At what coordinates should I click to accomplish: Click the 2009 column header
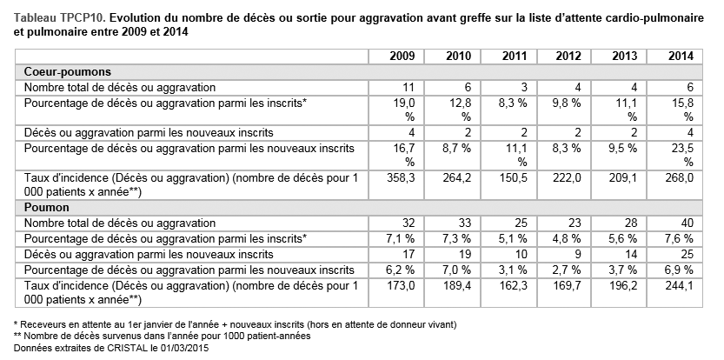pyautogui.click(x=402, y=57)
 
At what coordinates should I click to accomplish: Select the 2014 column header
pyautogui.click(x=681, y=57)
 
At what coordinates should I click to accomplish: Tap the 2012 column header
pyautogui.click(x=568, y=57)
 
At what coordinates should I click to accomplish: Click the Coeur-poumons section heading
pyautogui.click(x=68, y=72)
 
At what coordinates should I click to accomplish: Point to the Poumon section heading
pyautogui.click(x=47, y=207)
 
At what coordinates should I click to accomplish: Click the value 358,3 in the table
pyautogui.click(x=401, y=178)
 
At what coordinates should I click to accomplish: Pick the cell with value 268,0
pyautogui.click(x=679, y=178)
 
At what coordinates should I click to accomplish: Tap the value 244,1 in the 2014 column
pyautogui.click(x=679, y=286)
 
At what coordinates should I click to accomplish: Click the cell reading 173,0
pyautogui.click(x=401, y=286)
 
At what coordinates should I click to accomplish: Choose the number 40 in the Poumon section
pyautogui.click(x=687, y=223)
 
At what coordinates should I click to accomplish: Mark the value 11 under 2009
pyautogui.click(x=408, y=87)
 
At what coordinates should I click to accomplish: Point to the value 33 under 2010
pyautogui.click(x=464, y=223)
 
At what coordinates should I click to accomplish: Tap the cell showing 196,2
pyautogui.click(x=623, y=286)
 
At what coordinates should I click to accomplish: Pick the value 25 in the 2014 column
pyautogui.click(x=687, y=255)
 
